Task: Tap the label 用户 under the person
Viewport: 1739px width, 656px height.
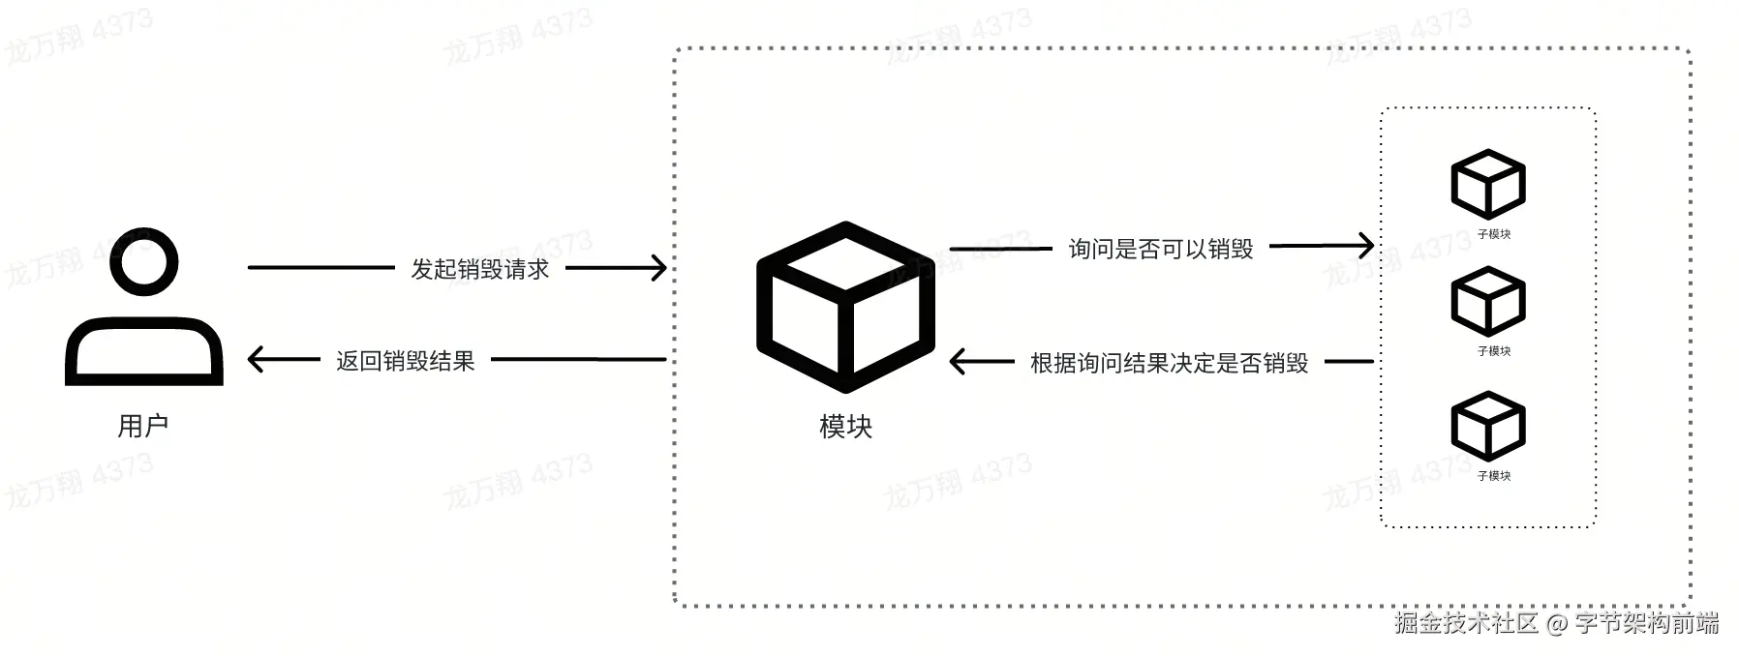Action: [x=143, y=426]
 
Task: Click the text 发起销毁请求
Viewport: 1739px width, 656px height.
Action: [x=480, y=269]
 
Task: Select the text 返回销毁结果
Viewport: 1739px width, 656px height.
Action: [x=406, y=361]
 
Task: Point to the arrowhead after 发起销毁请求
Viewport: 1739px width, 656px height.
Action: [x=658, y=268]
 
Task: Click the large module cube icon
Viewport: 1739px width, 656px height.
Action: [x=845, y=308]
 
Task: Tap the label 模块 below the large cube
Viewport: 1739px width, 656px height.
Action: [x=845, y=427]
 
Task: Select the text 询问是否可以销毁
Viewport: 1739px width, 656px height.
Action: [x=1161, y=249]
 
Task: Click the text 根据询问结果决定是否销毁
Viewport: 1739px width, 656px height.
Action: [x=1169, y=363]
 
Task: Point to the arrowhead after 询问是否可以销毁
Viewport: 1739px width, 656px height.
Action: [x=1365, y=246]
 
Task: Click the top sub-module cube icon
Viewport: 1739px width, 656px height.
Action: [x=1488, y=184]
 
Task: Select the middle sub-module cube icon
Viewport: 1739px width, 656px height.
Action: [x=1488, y=302]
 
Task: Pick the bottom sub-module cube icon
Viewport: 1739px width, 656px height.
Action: [x=1488, y=426]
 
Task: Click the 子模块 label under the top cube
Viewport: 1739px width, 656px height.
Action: [x=1493, y=234]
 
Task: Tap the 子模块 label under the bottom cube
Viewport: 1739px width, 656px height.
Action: [x=1493, y=476]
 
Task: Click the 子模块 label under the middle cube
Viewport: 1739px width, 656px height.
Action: [x=1493, y=351]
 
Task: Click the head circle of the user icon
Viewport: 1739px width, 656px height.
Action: [x=144, y=263]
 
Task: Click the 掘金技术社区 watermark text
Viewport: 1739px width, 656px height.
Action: [x=1466, y=622]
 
